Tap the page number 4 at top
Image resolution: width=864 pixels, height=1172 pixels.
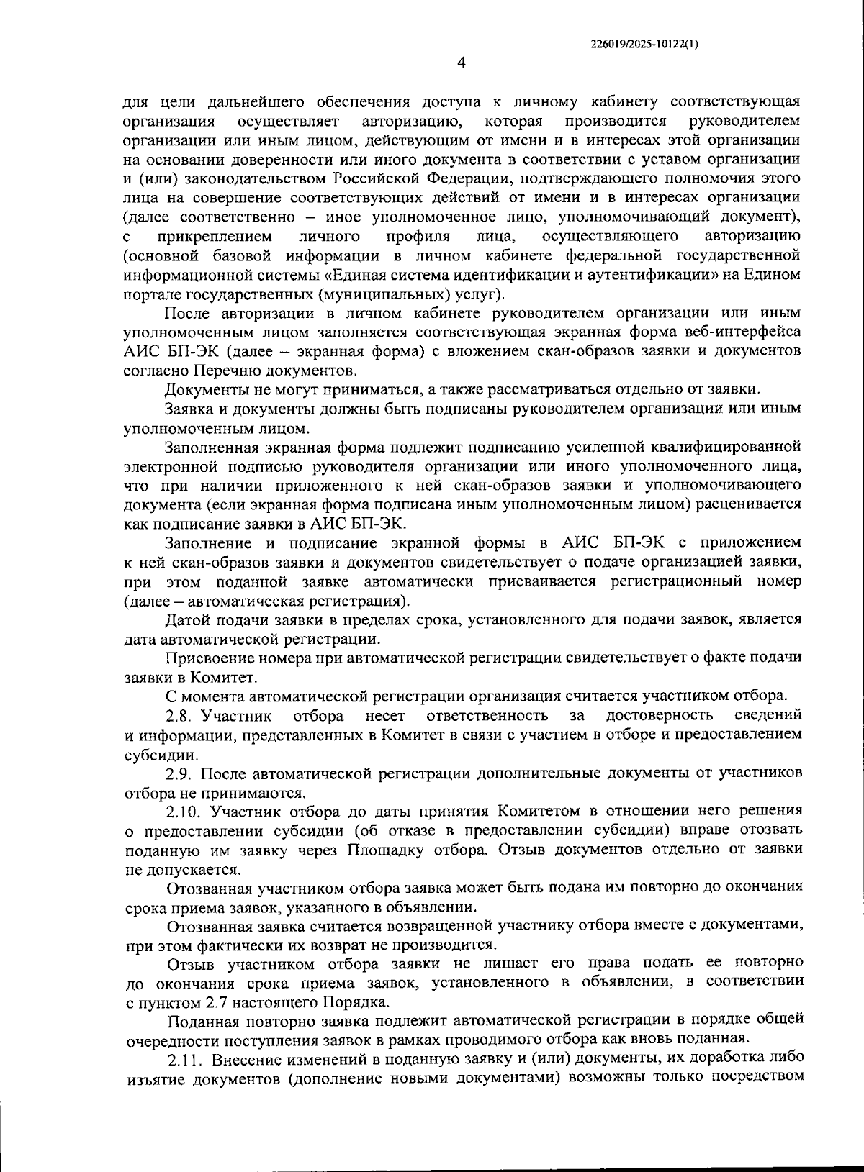[x=462, y=63]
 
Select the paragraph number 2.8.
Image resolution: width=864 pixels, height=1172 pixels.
[x=180, y=715]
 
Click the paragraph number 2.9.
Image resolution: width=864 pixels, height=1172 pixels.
[x=180, y=774]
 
